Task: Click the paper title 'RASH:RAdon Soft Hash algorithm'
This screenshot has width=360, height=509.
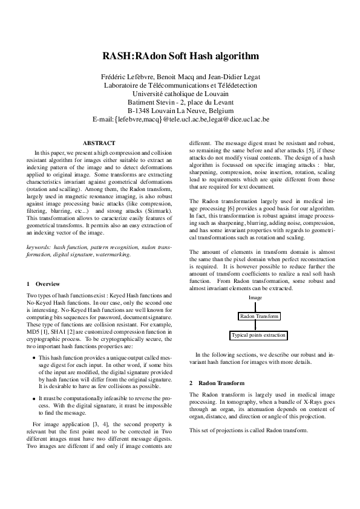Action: (x=180, y=56)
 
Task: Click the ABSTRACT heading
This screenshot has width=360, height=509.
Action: (x=99, y=143)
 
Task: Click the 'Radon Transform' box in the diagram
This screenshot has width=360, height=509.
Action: (x=259, y=316)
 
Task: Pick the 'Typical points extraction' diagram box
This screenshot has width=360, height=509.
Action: (x=258, y=334)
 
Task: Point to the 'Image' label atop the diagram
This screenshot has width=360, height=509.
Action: (x=255, y=298)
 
